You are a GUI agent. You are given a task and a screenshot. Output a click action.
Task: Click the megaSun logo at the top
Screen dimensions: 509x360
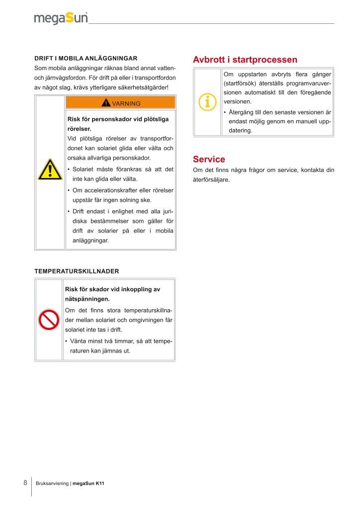tap(61, 18)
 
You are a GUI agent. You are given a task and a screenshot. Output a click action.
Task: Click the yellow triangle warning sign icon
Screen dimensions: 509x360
tap(50, 170)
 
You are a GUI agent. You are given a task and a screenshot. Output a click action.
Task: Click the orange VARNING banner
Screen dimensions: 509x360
tap(120, 103)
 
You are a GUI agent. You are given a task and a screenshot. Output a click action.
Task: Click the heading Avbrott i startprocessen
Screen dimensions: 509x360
tap(245, 60)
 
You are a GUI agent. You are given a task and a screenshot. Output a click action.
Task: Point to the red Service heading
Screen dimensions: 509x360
tap(209, 160)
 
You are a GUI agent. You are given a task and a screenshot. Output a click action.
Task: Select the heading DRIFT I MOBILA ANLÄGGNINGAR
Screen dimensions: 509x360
tap(86, 58)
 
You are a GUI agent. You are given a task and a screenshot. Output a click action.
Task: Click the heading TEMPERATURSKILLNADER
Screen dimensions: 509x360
tap(77, 271)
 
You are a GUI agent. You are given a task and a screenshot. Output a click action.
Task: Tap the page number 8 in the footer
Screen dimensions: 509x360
tap(25, 483)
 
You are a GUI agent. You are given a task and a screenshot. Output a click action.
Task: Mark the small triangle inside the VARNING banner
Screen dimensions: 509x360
tap(106, 103)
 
